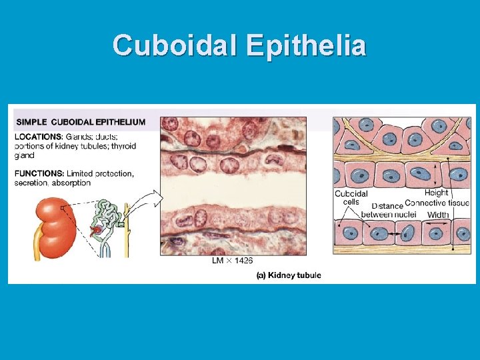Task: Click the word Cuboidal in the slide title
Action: tap(175, 46)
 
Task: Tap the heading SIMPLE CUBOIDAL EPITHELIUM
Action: tap(81, 122)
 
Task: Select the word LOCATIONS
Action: tap(38, 137)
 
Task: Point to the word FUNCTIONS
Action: tap(39, 173)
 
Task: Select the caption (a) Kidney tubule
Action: tap(289, 275)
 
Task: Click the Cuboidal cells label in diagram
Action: tap(351, 198)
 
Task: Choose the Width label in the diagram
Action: tap(438, 215)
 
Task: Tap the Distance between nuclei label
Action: tap(388, 210)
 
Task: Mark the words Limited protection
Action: tap(100, 173)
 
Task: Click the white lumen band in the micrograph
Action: tap(233, 187)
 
